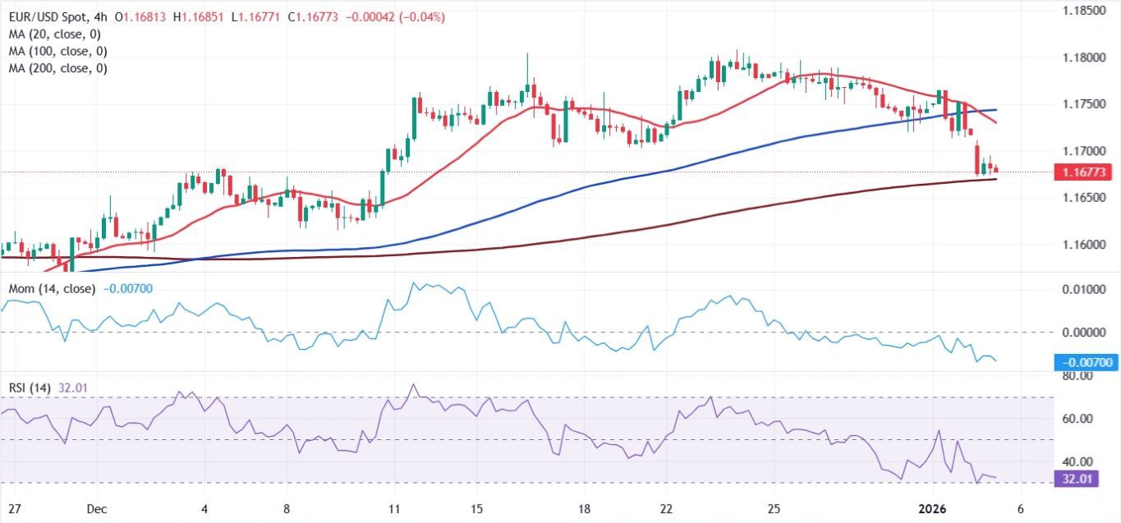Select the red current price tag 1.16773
click(x=1083, y=172)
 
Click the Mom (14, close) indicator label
click(x=51, y=289)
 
